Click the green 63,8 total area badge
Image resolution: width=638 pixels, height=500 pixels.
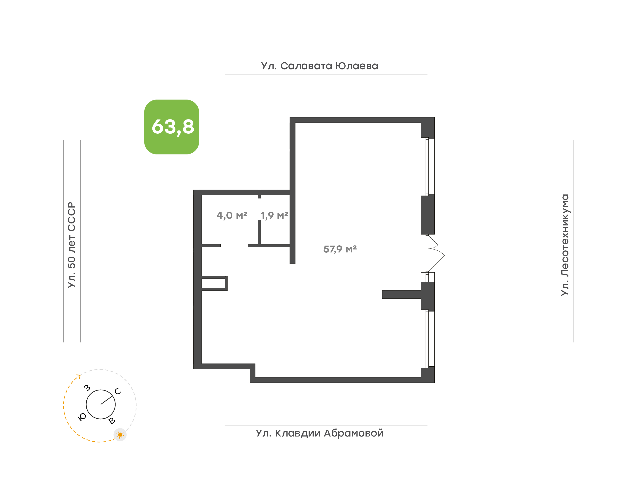[x=171, y=127]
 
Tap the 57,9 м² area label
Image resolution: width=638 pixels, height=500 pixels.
[x=340, y=249]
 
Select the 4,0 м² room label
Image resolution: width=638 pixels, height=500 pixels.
[x=232, y=215]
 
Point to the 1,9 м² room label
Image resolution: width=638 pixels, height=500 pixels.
[x=274, y=215]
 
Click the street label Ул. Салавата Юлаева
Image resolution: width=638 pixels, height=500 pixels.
[x=319, y=66]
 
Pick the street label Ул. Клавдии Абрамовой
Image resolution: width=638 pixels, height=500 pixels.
[x=319, y=433]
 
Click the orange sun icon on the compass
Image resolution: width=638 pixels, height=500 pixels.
[x=120, y=435]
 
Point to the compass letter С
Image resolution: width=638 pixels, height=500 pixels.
[x=118, y=391]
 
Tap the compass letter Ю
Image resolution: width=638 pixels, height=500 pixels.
[x=82, y=417]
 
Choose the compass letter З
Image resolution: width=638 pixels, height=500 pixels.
[x=87, y=388]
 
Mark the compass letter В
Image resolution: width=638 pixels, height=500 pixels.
[x=112, y=421]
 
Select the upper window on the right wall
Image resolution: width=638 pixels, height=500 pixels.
[x=428, y=166]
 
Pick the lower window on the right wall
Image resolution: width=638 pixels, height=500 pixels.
[x=428, y=339]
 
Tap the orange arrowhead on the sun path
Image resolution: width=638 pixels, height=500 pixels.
[x=79, y=376]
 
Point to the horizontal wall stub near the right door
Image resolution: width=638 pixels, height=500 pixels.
[x=401, y=294]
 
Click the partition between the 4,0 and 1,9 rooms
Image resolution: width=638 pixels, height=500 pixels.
[x=259, y=232]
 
